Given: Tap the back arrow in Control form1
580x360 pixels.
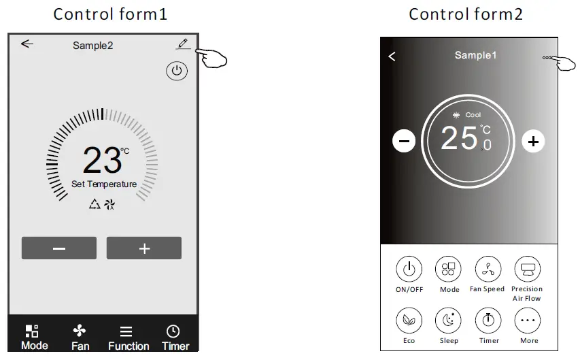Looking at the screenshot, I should click(27, 44).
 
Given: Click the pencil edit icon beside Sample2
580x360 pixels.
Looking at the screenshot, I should click(182, 44).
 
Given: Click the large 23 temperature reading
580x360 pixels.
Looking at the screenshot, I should click(103, 160).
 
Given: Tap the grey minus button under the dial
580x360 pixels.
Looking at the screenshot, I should click(59, 248).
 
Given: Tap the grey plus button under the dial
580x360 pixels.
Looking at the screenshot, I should click(144, 248).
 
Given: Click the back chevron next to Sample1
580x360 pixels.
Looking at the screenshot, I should click(392, 56).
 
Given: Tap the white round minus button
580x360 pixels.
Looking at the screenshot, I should click(404, 141).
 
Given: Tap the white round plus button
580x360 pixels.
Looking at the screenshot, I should click(533, 141).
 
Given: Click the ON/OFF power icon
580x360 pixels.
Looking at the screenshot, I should click(409, 269).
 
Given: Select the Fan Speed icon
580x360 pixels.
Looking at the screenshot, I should click(488, 269).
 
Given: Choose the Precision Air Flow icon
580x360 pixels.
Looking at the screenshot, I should click(527, 269).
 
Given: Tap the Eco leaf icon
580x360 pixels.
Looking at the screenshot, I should click(409, 320).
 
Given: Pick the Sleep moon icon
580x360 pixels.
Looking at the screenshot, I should click(448, 320).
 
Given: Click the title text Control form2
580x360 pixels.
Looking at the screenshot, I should click(466, 14).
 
